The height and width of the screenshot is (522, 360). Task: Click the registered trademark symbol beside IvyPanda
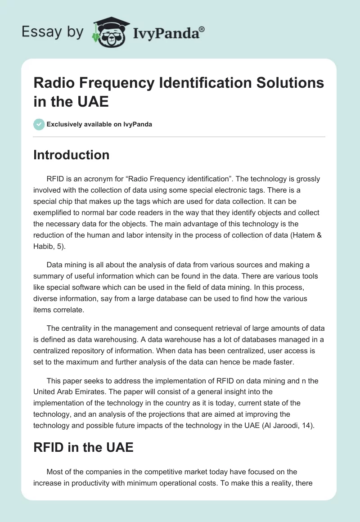202,29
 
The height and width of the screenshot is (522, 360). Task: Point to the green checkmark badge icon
39,124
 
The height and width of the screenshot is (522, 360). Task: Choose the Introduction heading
72,155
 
